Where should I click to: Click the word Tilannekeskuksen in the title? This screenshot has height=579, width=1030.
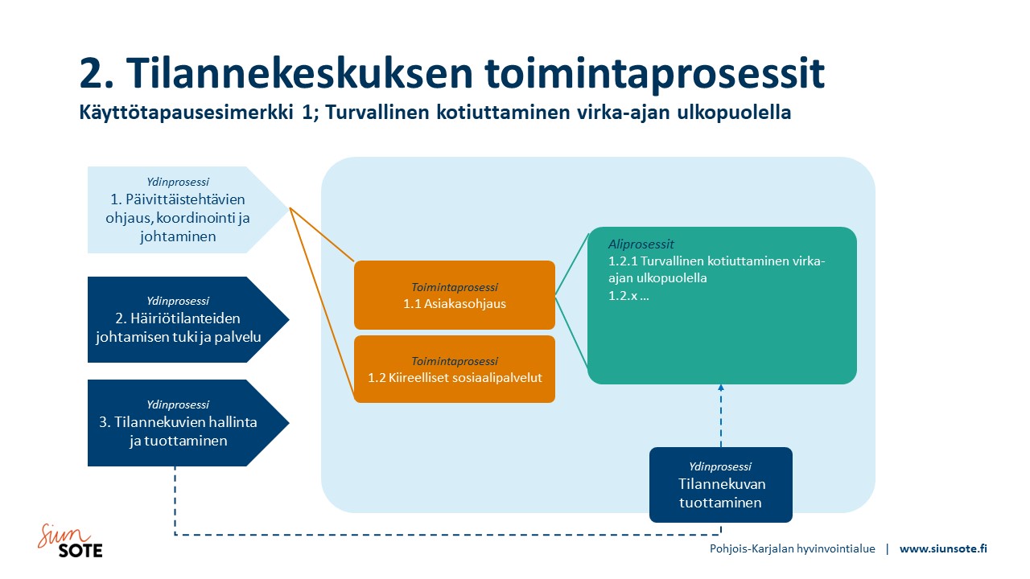click(299, 73)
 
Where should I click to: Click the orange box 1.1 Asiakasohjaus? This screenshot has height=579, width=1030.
click(455, 295)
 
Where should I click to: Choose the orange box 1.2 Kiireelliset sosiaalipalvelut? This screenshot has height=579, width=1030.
click(455, 369)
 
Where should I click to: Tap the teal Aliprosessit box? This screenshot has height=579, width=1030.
click(722, 305)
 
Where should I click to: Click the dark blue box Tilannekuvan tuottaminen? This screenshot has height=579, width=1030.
click(720, 485)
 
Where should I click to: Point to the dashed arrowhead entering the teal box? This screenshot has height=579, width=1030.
click(720, 388)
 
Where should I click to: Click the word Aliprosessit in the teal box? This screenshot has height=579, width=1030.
click(641, 244)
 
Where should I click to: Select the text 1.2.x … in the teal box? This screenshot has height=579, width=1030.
click(628, 295)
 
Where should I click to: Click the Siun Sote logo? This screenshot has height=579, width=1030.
click(70, 541)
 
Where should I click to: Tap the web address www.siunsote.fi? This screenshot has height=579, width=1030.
click(943, 548)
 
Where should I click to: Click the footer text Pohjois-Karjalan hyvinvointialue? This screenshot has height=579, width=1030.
click(793, 549)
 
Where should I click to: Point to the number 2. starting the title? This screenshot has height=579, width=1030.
click(97, 73)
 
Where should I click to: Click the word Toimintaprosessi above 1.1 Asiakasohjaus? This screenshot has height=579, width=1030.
click(455, 288)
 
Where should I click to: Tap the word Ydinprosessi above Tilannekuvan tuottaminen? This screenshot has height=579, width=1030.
click(720, 467)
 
